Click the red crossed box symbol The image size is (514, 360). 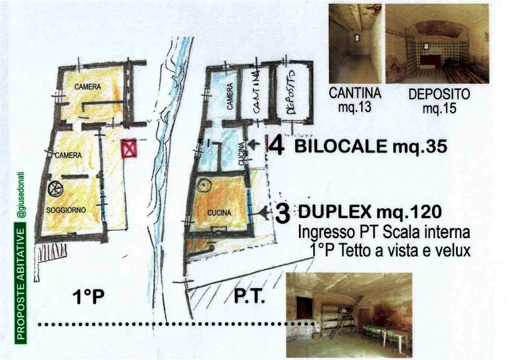(x=128, y=149)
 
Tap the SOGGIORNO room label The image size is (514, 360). (x=66, y=210)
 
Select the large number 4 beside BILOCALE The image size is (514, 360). (x=277, y=146)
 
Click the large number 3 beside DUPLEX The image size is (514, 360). (x=283, y=213)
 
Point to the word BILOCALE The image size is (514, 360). (x=341, y=146)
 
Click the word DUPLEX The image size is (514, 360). (x=335, y=212)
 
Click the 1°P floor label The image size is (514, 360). (x=88, y=297)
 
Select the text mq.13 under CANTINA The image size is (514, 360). (x=355, y=107)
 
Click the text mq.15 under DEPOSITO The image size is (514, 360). (x=439, y=107)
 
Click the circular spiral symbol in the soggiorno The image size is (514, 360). (x=55, y=188)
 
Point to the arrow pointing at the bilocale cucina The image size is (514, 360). (x=254, y=144)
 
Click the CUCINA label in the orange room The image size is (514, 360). (x=219, y=213)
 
